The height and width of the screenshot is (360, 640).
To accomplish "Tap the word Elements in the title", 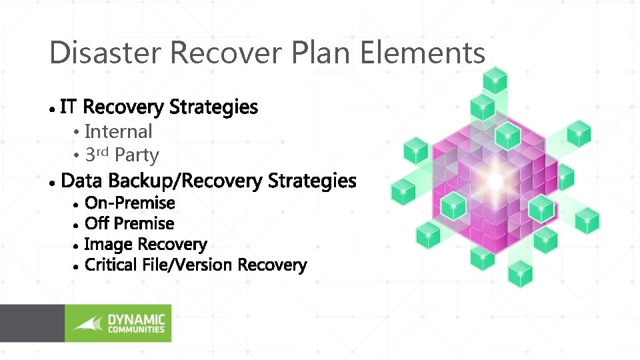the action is pyautogui.click(x=423, y=52).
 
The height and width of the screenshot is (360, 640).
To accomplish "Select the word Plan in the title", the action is pyautogui.click(x=315, y=52).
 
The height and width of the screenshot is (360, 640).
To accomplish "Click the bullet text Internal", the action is pyautogui.click(x=119, y=131).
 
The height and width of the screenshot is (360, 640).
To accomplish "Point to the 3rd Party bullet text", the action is pyautogui.click(x=122, y=155).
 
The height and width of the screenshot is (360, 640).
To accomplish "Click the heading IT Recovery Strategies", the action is pyautogui.click(x=159, y=107).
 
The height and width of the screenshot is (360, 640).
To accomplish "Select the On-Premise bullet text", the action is pyautogui.click(x=130, y=203).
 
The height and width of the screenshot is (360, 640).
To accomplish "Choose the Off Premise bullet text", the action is pyautogui.click(x=129, y=223).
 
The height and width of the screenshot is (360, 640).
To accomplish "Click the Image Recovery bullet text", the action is pyautogui.click(x=145, y=245).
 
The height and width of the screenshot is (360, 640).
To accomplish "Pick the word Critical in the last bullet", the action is pyautogui.click(x=111, y=265).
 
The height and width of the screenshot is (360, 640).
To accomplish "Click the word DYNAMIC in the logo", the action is pyautogui.click(x=136, y=319).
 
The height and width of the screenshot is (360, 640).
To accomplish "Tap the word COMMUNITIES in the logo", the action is pyautogui.click(x=136, y=329).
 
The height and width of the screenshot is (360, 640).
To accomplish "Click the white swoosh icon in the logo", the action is pyautogui.click(x=89, y=324).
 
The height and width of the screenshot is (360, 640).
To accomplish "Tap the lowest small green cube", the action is pyautogui.click(x=521, y=273).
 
